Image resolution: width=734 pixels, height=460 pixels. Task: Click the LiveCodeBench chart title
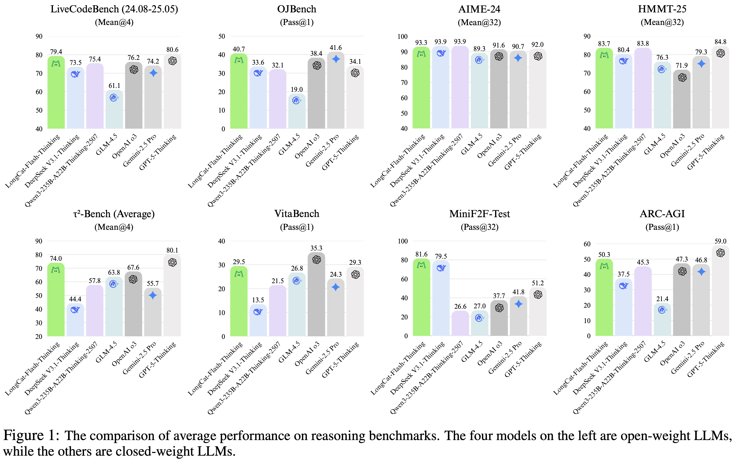click(114, 9)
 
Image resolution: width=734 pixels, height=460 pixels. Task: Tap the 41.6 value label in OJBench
click(336, 48)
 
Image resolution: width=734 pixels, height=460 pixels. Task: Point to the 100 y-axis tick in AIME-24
click(402, 36)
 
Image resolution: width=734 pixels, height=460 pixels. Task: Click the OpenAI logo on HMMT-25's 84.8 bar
click(720, 53)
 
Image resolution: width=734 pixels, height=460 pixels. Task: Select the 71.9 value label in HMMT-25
click(682, 65)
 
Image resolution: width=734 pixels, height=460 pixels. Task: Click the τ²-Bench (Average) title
click(114, 214)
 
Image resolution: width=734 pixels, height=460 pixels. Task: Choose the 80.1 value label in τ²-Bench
click(172, 250)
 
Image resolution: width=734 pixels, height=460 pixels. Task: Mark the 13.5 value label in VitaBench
click(258, 300)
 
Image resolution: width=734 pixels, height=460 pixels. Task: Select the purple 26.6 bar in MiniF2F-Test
click(460, 324)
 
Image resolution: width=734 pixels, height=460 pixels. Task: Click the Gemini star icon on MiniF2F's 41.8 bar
click(519, 304)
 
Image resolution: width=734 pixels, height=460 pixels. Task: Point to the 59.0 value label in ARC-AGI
click(720, 241)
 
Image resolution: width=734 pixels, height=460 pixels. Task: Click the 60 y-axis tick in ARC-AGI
click(587, 244)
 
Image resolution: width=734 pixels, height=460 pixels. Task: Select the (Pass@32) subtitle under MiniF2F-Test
click(480, 227)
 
